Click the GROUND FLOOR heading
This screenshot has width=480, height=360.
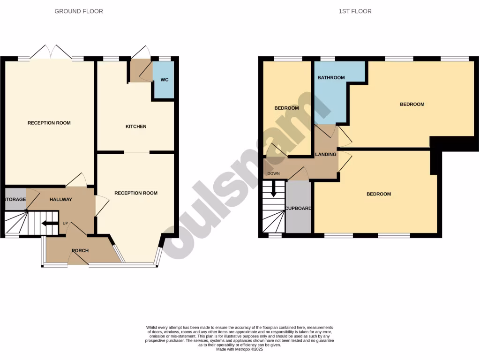coord(79,11)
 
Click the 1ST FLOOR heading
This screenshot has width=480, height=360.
coord(355,11)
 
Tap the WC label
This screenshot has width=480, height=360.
coord(165,80)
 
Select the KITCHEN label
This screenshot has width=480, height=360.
coord(136,127)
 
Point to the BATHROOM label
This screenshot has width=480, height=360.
coord(331,78)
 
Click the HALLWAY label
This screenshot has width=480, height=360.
coord(61,200)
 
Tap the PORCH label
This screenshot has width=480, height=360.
coord(80,250)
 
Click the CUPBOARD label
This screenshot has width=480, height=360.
coord(298,208)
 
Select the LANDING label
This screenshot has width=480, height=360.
coord(326,154)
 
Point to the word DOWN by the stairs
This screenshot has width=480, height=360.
coord(273,174)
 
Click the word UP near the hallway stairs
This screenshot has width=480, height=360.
coord(66,223)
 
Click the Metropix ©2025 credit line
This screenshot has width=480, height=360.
coord(240,349)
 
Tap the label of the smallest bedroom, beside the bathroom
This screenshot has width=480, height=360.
coord(286,108)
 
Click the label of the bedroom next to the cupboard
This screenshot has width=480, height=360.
coord(378,194)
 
